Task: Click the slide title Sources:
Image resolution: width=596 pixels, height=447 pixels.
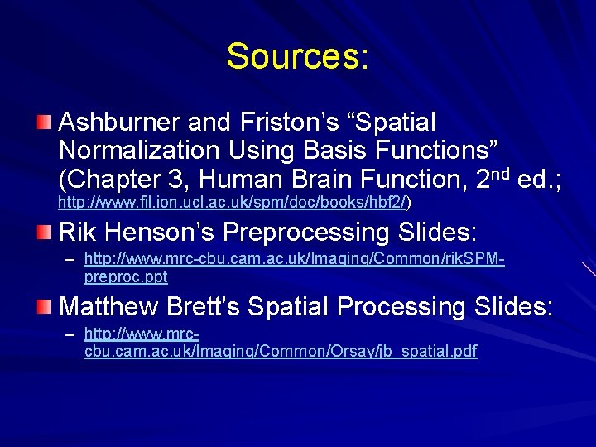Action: coord(297,56)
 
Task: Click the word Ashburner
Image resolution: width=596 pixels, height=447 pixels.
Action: coord(120,123)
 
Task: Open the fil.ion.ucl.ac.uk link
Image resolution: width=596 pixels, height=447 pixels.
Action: coord(233,201)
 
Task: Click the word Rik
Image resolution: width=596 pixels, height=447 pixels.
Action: coord(81,231)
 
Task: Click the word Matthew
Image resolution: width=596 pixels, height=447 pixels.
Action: coord(108,306)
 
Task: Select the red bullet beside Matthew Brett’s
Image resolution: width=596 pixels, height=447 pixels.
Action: coord(44,308)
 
